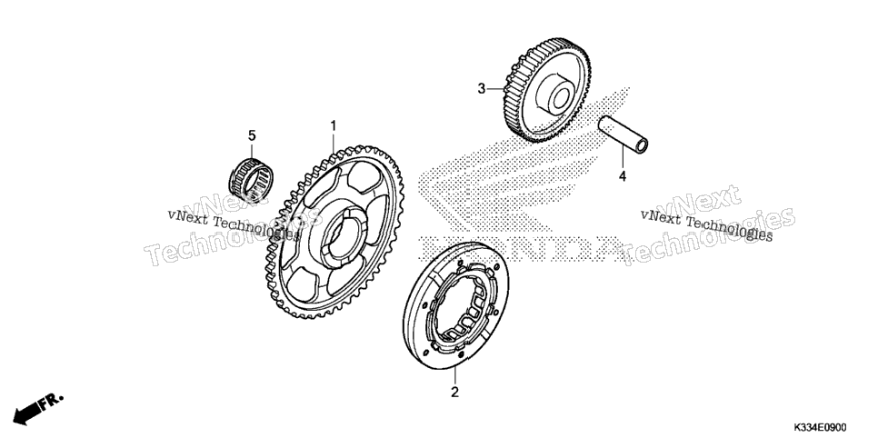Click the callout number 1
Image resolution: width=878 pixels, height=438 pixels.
point(334,125)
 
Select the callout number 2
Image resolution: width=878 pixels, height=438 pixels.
point(454,392)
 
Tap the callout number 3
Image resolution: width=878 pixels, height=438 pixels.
point(481,88)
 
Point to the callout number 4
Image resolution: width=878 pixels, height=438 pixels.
point(622,177)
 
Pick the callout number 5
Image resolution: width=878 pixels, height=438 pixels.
point(252,135)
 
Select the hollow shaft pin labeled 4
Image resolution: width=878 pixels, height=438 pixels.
point(624,134)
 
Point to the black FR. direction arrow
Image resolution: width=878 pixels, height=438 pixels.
point(27,413)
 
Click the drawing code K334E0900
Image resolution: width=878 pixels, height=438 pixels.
point(820,428)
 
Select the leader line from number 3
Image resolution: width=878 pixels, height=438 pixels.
point(495,88)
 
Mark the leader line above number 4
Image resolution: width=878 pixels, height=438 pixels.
point(622,158)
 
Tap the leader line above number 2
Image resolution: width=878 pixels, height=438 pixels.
point(454,376)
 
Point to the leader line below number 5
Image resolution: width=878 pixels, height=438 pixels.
point(252,151)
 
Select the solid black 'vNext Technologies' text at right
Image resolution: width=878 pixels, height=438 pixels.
point(706,226)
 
